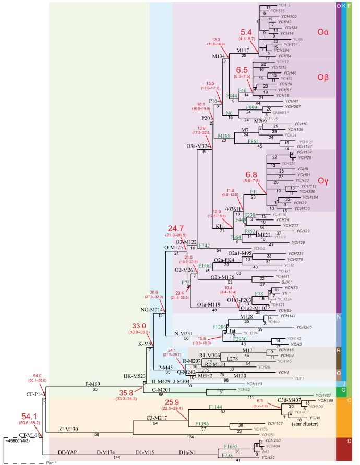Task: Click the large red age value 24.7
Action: pos(176,229)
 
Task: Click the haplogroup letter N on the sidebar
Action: pos(339,316)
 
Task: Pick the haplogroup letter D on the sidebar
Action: pos(339,444)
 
